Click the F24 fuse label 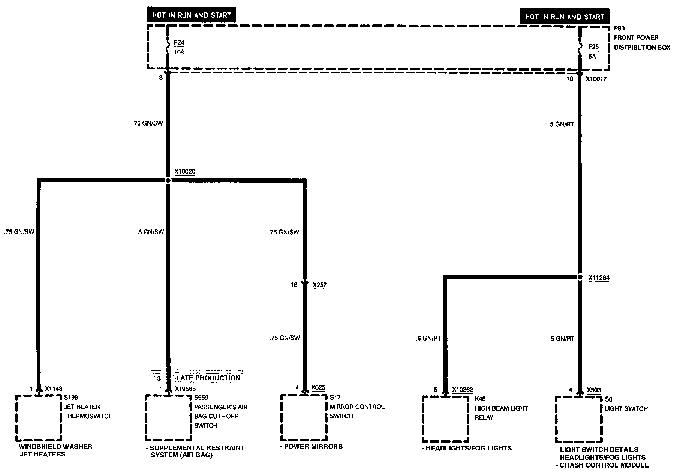(x=179, y=43)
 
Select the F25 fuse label (x=593, y=47)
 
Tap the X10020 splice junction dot (x=168, y=180)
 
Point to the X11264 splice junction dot (x=580, y=277)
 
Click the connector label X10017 (x=596, y=79)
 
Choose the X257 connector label (x=319, y=285)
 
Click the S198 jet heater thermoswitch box (x=38, y=417)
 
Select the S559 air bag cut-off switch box (x=168, y=417)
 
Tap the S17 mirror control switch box (x=304, y=417)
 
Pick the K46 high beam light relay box (x=446, y=419)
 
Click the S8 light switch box (x=579, y=419)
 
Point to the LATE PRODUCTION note (x=208, y=378)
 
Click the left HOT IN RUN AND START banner (x=191, y=15)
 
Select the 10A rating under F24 (x=179, y=52)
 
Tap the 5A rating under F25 (x=592, y=57)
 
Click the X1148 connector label (x=54, y=389)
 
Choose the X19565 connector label (x=185, y=389)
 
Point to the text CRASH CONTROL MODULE (x=604, y=465)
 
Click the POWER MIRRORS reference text (x=313, y=446)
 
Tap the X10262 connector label (x=463, y=390)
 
